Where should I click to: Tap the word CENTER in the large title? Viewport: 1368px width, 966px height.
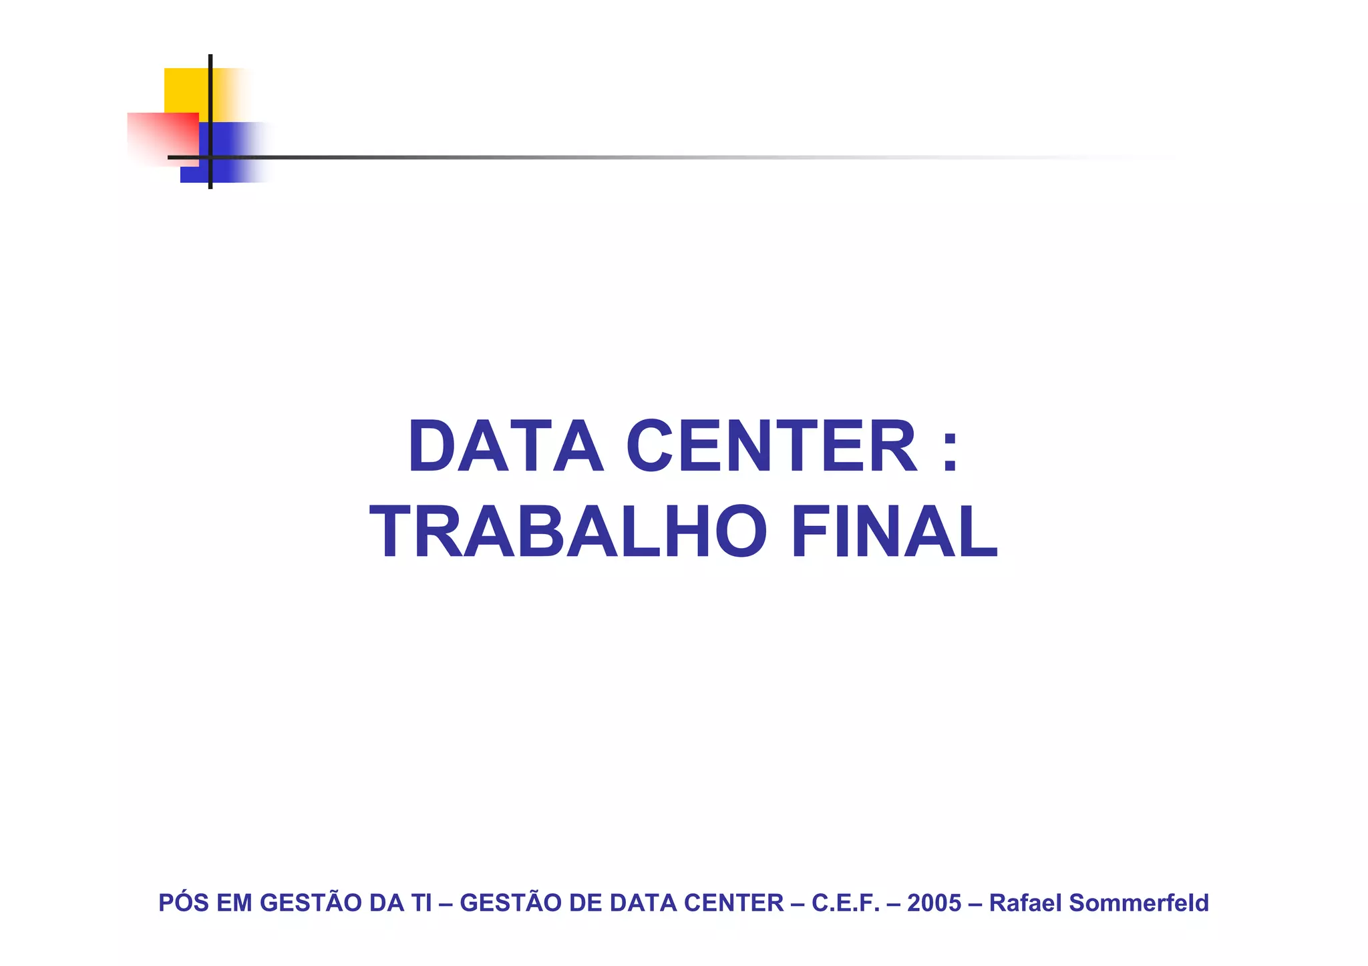click(772, 447)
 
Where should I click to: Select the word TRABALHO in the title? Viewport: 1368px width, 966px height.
click(568, 532)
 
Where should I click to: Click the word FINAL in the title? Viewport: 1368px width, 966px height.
click(894, 532)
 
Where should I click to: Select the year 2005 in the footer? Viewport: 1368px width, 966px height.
click(934, 903)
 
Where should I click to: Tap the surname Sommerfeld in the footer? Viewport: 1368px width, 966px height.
click(1139, 903)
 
